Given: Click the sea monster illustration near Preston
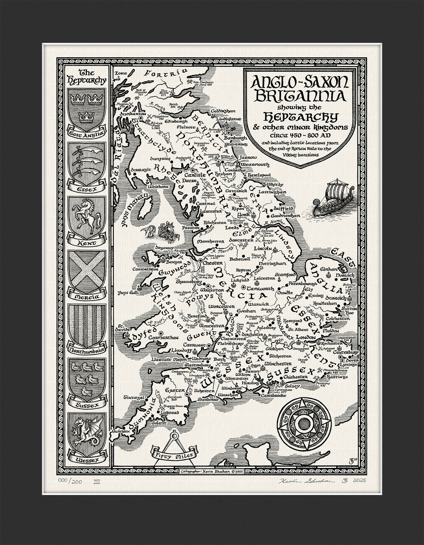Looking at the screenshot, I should (x=161, y=231).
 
